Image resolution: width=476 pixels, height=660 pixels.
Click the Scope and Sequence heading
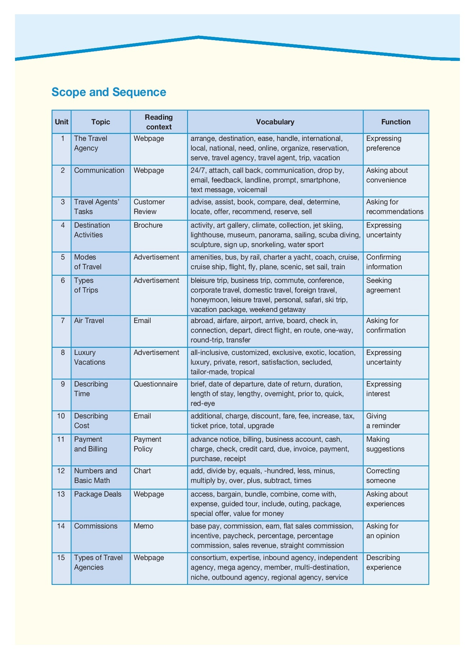(109, 92)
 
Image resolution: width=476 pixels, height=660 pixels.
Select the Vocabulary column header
(275, 122)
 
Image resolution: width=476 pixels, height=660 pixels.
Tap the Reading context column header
(159, 122)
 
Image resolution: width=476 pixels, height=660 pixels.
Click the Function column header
(396, 122)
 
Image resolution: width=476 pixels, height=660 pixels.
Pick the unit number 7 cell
(62, 320)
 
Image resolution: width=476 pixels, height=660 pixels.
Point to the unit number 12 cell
(61, 471)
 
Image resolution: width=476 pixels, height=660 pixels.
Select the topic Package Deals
(98, 494)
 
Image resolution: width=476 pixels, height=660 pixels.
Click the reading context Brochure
(148, 225)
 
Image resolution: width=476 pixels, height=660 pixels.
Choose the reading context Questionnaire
(156, 384)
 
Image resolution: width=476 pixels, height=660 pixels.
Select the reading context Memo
(143, 526)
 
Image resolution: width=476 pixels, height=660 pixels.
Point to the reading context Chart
(142, 471)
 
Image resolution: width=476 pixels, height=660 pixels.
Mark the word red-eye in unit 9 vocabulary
(203, 404)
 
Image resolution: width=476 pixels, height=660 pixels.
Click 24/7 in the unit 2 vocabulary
(198, 170)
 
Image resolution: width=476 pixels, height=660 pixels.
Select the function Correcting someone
(383, 476)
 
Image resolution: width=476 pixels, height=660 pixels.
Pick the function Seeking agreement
(383, 285)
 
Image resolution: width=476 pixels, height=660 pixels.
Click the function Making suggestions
(385, 444)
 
